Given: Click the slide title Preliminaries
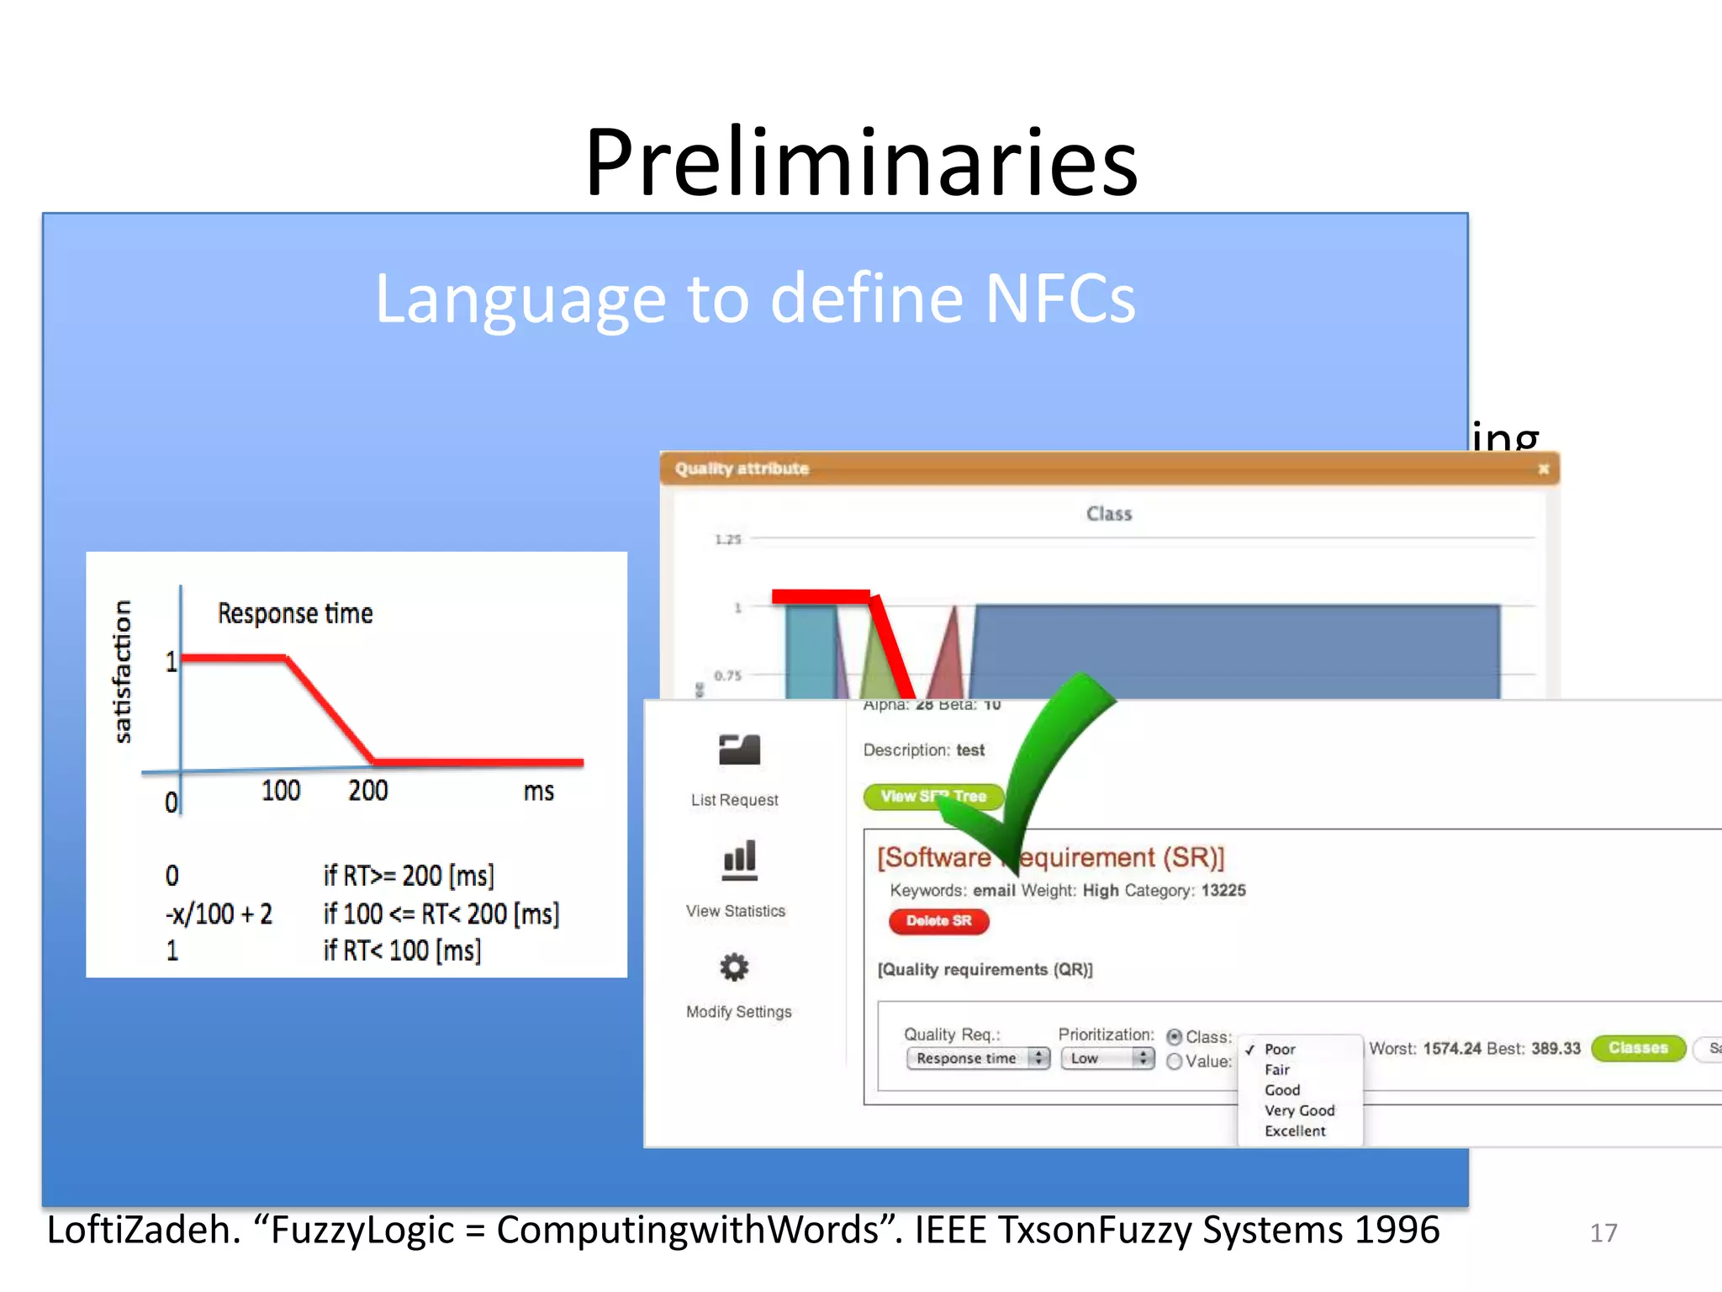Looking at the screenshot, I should point(861,161).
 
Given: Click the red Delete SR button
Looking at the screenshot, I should point(938,921).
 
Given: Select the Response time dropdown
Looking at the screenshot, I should point(978,1058).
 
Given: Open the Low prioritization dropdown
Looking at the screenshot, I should point(1107,1058).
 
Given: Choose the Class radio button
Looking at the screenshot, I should point(1175,1037).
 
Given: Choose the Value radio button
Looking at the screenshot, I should point(1175,1062).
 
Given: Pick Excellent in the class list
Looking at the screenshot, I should point(1295,1131).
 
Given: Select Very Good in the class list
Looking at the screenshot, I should point(1299,1110).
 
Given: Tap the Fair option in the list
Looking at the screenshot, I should point(1277,1070).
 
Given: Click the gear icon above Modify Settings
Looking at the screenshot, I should point(734,967).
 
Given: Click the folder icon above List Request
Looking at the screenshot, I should point(739,749).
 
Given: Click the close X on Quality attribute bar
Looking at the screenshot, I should point(1543,469).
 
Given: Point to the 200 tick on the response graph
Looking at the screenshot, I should point(368,791).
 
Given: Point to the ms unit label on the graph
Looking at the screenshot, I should point(539,792).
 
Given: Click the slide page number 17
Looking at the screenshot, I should point(1603,1233).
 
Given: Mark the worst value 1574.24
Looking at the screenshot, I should point(1452,1049).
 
